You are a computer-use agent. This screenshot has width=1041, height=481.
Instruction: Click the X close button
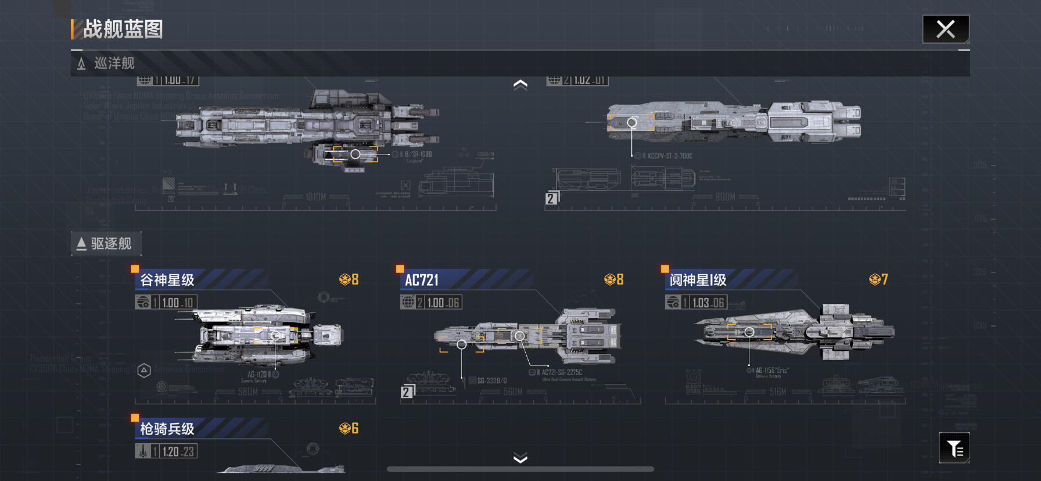point(946,29)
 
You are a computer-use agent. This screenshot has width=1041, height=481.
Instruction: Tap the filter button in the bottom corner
point(954,448)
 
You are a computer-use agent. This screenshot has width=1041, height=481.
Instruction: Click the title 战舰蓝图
point(123,29)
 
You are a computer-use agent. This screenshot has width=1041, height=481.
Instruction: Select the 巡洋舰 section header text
point(114,63)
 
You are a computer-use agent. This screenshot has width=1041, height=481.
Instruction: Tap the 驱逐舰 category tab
point(106,243)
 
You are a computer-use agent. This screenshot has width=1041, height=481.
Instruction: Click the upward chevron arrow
point(520,85)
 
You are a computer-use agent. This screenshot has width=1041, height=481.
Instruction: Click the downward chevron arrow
point(520,458)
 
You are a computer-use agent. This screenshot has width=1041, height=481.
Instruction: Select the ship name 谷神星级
point(167,280)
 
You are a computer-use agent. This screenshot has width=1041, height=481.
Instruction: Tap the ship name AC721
point(422,280)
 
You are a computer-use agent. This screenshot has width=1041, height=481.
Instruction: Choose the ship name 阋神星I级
point(698,280)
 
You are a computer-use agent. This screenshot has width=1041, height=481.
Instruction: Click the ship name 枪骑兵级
point(167,429)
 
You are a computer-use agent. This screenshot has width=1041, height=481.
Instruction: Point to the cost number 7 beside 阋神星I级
point(884,279)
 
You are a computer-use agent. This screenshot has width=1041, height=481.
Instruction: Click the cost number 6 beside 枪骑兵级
point(355,429)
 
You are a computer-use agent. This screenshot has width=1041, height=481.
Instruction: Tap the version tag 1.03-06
point(708,303)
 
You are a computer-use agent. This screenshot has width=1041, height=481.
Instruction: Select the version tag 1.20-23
point(178,451)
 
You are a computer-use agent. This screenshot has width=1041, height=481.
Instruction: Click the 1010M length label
point(315,197)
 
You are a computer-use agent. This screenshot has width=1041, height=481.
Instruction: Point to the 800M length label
point(726,197)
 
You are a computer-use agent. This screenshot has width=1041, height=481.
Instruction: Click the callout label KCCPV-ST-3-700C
point(670,156)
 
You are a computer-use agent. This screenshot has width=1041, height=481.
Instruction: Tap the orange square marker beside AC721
point(400,269)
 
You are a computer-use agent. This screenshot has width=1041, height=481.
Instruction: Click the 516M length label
point(778,392)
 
